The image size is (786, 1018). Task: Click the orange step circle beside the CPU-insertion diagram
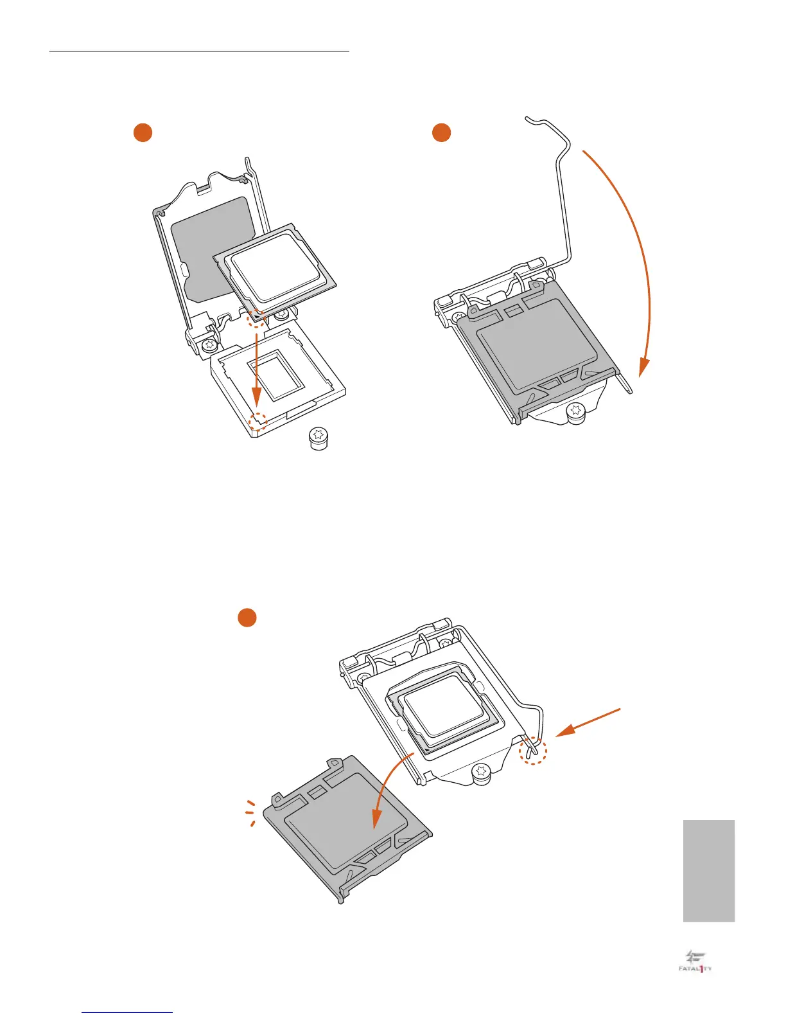coord(143,132)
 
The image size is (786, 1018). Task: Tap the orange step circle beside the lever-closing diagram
coord(441,132)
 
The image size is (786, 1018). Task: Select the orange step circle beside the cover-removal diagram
coord(247,617)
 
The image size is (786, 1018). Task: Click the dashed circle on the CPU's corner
coord(256,317)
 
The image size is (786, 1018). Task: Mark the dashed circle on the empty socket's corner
coord(258,421)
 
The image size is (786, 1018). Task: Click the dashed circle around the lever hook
coord(532,750)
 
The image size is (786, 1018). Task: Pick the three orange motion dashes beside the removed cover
coord(251,813)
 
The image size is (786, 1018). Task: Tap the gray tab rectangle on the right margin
coord(709,871)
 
